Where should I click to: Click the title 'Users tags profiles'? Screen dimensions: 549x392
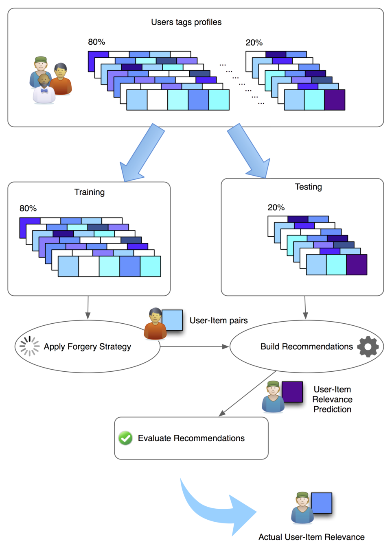[186, 22]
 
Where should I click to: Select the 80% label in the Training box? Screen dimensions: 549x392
[28, 209]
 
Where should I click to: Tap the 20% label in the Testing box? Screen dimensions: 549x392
[276, 208]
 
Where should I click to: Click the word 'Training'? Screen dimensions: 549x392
[90, 192]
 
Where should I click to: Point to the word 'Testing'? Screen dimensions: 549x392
[308, 187]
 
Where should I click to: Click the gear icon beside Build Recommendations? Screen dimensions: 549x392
[368, 346]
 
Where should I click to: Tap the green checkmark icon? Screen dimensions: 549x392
[125, 438]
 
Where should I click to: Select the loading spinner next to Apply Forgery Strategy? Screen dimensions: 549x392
[29, 346]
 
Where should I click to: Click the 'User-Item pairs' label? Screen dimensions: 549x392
[219, 320]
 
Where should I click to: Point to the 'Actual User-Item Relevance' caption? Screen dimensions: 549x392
[311, 537]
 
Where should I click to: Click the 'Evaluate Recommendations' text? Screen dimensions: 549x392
[191, 438]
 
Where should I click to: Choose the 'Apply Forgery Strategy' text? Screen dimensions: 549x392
[88, 347]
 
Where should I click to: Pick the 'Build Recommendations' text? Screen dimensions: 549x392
[307, 347]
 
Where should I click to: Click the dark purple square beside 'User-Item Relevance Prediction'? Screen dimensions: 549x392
[292, 392]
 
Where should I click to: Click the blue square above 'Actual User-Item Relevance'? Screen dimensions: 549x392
[322, 503]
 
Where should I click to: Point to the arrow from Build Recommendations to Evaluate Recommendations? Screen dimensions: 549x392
[248, 393]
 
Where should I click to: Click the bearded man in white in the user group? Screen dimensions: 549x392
[44, 90]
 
